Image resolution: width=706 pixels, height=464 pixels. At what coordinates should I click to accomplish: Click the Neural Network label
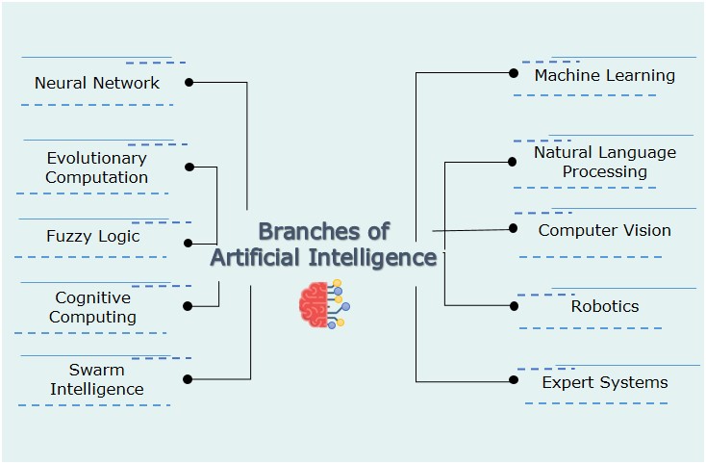click(97, 83)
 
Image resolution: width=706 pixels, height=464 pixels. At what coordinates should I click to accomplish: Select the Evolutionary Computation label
click(96, 168)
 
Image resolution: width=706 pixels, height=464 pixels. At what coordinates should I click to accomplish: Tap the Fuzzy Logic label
click(93, 236)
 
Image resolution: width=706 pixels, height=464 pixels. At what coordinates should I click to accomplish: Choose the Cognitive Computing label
click(93, 307)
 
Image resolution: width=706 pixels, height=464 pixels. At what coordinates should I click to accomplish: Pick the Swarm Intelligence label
click(96, 379)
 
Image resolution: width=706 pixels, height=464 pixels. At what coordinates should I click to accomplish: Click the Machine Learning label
click(604, 75)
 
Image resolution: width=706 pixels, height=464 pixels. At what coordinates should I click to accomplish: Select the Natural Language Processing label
click(604, 162)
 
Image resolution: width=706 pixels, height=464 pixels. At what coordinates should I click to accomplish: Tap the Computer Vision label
click(604, 230)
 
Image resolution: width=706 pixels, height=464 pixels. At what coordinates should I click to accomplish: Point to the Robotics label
click(604, 306)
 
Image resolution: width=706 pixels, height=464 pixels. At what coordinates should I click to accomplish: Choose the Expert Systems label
click(604, 382)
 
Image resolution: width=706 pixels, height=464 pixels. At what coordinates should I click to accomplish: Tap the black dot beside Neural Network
click(189, 83)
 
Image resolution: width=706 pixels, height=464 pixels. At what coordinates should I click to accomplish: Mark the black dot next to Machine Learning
click(514, 72)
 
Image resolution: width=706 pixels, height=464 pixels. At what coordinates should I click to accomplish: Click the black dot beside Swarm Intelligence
click(188, 379)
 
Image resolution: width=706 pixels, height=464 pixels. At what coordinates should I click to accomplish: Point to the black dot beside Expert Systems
click(514, 381)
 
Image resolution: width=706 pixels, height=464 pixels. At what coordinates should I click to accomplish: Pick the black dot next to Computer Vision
click(514, 228)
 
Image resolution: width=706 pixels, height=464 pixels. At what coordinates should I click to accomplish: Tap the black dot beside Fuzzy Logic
click(189, 244)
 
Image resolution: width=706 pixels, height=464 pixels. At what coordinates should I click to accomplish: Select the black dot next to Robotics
click(514, 305)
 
